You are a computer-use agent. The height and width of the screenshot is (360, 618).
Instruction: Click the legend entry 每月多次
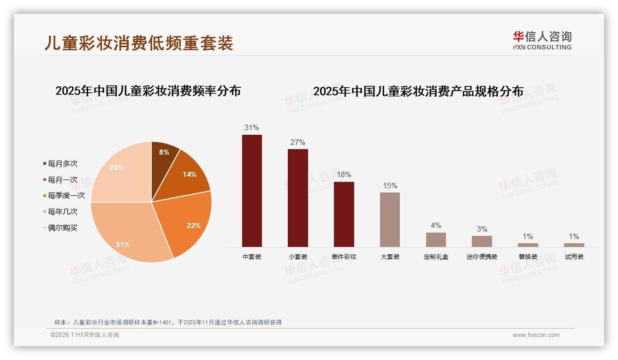coord(62,164)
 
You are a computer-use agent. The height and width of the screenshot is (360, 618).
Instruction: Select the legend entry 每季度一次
coord(66,196)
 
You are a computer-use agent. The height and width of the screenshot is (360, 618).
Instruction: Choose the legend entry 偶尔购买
coord(62,228)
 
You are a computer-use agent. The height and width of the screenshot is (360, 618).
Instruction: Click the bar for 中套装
coord(252,191)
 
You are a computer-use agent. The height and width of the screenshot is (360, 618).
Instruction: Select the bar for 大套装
coord(390,219)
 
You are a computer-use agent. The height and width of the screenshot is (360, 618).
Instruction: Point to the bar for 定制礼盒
coord(436,240)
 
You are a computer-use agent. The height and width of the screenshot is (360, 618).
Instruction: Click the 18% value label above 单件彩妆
coord(344,175)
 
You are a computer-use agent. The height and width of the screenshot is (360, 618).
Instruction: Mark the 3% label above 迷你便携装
coord(482,229)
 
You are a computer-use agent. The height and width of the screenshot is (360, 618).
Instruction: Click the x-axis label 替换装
coord(528,257)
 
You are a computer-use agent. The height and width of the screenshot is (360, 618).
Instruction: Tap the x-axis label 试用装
coord(574,257)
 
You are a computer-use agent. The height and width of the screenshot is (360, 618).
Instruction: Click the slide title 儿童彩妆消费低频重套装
coord(139,42)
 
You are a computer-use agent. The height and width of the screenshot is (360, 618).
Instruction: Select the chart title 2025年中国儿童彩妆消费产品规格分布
coord(418,91)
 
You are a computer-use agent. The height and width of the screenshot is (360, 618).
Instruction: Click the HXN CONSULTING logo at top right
coord(542,41)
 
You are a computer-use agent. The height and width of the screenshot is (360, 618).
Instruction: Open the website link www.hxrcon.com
coord(536,335)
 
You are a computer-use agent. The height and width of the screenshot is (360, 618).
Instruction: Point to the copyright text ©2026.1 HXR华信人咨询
coord(85,335)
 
